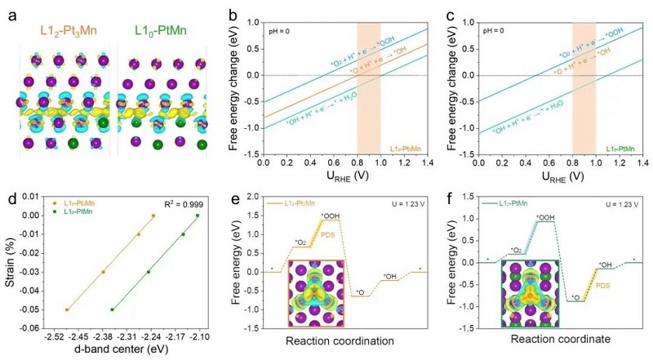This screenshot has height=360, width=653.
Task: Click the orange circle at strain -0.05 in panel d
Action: [67, 309]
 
